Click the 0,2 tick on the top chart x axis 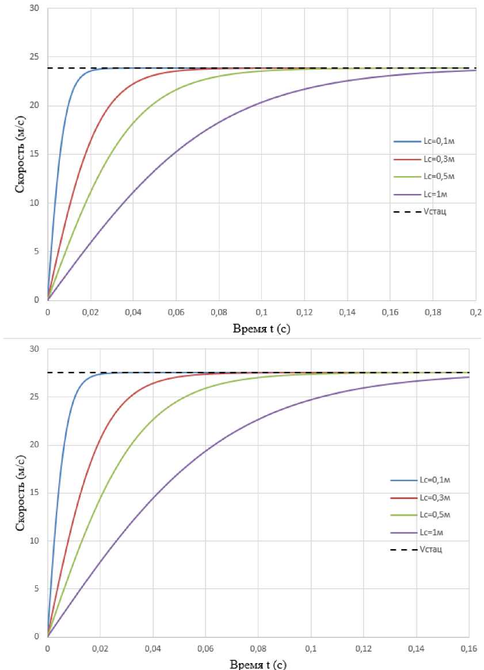pos(475,311)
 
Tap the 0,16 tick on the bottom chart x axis pos(469,648)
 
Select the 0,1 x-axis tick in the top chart pos(262,311)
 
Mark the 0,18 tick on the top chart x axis pos(433,311)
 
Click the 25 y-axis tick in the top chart pos(36,57)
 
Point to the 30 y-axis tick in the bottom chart pos(36,349)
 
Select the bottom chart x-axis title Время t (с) pos(257,664)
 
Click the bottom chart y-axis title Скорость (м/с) pos(20,492)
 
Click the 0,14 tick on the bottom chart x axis pos(416,648)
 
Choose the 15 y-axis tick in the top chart pos(36,154)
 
